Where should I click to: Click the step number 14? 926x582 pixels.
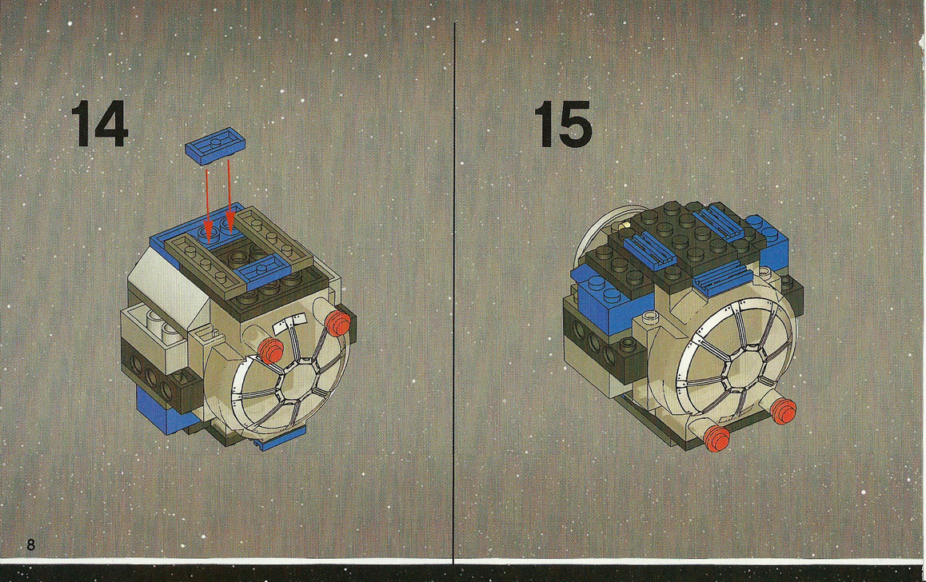(x=99, y=124)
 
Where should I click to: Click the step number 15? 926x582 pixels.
(x=565, y=124)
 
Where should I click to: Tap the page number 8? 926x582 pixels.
(x=30, y=544)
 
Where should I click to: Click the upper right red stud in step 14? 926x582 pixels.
(x=337, y=322)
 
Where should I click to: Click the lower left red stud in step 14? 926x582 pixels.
(x=273, y=349)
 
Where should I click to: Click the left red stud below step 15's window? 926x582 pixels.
(x=717, y=437)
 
